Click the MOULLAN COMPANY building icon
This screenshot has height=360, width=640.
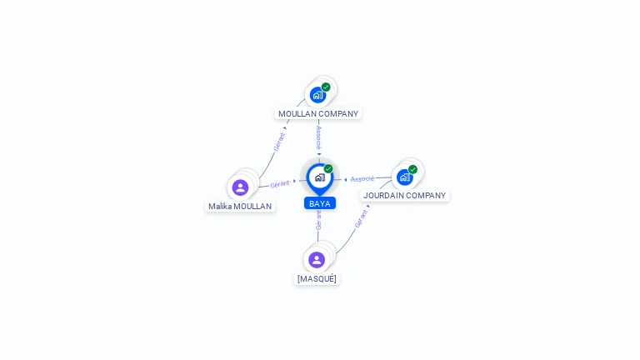pyautogui.click(x=317, y=96)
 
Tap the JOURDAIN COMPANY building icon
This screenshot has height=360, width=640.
pyautogui.click(x=404, y=177)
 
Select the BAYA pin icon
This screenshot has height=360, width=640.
pyautogui.click(x=320, y=179)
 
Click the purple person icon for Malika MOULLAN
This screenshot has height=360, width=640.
pyautogui.click(x=240, y=187)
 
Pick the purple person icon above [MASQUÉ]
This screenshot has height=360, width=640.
pyautogui.click(x=317, y=260)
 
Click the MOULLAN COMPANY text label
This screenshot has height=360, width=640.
pyautogui.click(x=318, y=114)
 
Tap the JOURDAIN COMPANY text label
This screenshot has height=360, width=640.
pyautogui.click(x=404, y=196)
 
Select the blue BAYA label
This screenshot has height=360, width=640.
pyautogui.click(x=320, y=203)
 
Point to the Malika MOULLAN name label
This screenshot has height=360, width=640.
pyautogui.click(x=240, y=207)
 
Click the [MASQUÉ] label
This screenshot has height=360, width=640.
pyautogui.click(x=317, y=279)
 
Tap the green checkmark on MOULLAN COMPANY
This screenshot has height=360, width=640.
pyautogui.click(x=326, y=87)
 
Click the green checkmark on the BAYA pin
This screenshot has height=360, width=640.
pyautogui.click(x=328, y=168)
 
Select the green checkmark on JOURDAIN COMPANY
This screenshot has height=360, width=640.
pyautogui.click(x=412, y=169)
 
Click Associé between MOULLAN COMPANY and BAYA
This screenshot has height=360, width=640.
pyautogui.click(x=319, y=137)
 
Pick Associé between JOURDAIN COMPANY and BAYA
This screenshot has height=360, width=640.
pyautogui.click(x=362, y=179)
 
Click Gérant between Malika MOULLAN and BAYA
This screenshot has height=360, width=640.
pyautogui.click(x=280, y=184)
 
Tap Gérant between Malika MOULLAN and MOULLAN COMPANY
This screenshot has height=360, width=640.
pyautogui.click(x=279, y=142)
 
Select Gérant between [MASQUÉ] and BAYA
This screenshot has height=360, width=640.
pyautogui.click(x=318, y=220)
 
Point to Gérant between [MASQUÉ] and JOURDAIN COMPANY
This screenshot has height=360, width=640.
pyautogui.click(x=361, y=219)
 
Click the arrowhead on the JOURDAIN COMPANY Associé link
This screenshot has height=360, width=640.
pyautogui.click(x=346, y=180)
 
